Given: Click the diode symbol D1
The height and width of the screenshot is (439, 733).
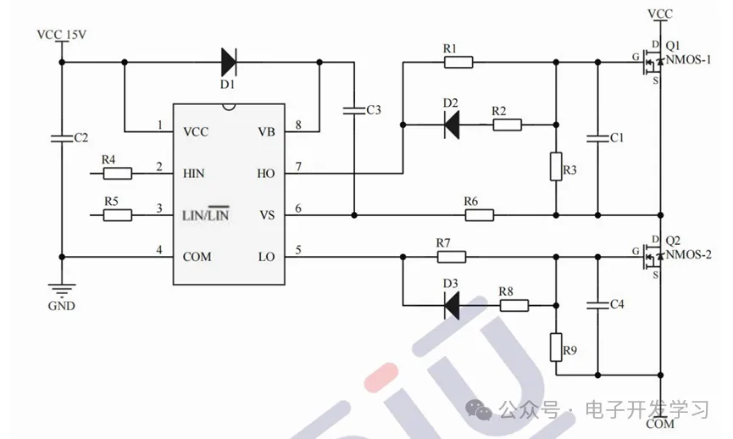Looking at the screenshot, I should tap(228, 61).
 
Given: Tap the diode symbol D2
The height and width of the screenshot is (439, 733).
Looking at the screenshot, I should tap(452, 125).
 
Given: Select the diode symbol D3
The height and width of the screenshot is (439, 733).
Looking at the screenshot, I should tap(452, 304).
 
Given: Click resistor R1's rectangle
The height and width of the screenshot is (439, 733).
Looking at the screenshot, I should tap(458, 61).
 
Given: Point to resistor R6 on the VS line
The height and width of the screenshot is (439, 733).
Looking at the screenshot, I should tap(479, 214).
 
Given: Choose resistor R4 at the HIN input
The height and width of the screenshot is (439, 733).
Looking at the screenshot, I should tap(117, 174).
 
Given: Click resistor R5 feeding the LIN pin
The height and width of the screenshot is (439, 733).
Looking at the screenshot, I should tap(117, 214).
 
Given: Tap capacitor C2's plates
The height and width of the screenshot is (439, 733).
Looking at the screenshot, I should tap(62, 138).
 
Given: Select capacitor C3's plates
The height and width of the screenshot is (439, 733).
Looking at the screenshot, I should tap(353, 109).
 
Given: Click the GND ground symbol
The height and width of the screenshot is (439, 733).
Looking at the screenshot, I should tap(62, 291).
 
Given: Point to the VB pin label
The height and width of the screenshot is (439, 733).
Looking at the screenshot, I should tap(266, 132).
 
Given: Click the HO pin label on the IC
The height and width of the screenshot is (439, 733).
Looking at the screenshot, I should tap(266, 174).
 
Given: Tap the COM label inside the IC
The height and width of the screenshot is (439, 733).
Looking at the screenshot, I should tap(197, 257).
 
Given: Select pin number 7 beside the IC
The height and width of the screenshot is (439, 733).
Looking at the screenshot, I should tap(298, 167).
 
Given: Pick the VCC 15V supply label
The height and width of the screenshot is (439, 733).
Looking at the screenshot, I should tap(64, 35).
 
